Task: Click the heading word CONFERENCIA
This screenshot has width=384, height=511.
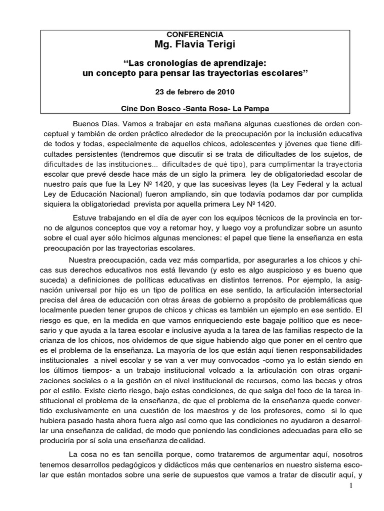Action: (x=194, y=34)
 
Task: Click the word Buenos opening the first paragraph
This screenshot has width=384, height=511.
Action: (x=85, y=123)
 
